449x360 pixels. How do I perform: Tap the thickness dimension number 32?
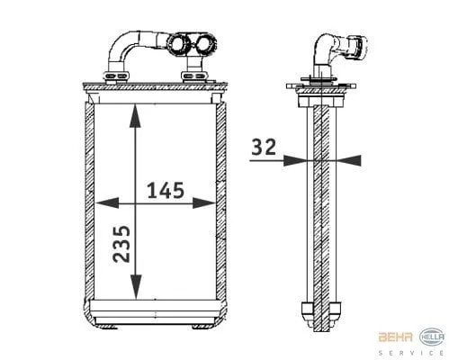click(265, 147)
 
